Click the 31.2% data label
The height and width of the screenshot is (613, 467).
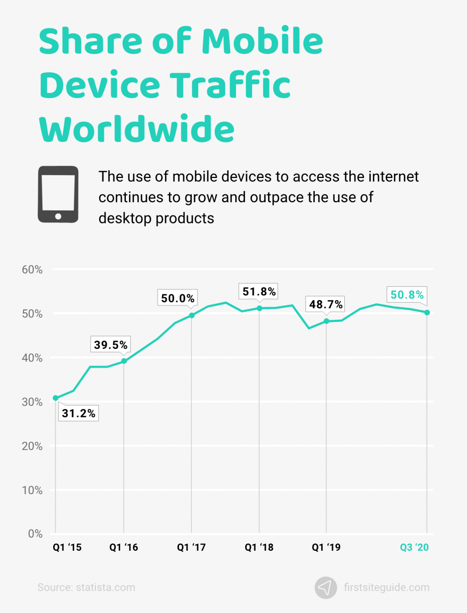click(79, 413)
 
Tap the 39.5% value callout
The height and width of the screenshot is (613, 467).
click(111, 344)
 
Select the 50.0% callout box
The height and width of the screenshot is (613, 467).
click(178, 298)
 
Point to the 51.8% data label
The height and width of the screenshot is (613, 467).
click(259, 291)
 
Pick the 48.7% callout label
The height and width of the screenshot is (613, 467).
click(326, 305)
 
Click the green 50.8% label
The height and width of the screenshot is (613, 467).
click(407, 295)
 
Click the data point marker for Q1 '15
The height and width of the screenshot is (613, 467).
click(56, 398)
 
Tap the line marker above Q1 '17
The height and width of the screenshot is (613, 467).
click(191, 315)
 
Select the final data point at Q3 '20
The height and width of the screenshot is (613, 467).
click(427, 312)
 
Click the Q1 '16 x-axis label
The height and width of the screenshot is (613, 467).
click(123, 547)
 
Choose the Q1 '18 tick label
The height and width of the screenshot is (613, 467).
click(259, 547)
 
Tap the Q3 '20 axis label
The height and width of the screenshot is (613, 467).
click(414, 547)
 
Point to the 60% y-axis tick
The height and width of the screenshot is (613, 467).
click(32, 270)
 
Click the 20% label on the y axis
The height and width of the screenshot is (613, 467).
click(32, 446)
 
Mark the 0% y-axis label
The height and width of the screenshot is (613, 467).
click(35, 534)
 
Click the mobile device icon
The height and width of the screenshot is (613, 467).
click(58, 194)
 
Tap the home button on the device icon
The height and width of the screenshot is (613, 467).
click(58, 216)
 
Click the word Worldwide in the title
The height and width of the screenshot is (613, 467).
click(137, 129)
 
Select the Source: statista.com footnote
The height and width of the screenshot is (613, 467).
click(86, 587)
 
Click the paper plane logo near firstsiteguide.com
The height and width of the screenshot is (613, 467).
click(326, 587)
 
